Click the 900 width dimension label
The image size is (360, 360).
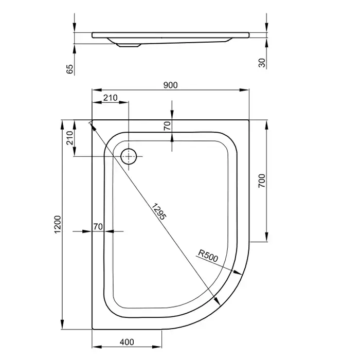[170, 85]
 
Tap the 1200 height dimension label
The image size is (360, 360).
[57, 224]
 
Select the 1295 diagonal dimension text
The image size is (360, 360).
[158, 211]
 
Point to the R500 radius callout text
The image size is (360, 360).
[208, 256]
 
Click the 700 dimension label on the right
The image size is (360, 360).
[262, 181]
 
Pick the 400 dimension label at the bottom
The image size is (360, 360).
[127, 342]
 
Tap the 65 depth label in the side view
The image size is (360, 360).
[69, 69]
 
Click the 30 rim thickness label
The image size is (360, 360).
[262, 63]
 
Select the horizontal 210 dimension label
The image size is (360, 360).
[110, 98]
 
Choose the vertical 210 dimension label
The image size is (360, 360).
[69, 138]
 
